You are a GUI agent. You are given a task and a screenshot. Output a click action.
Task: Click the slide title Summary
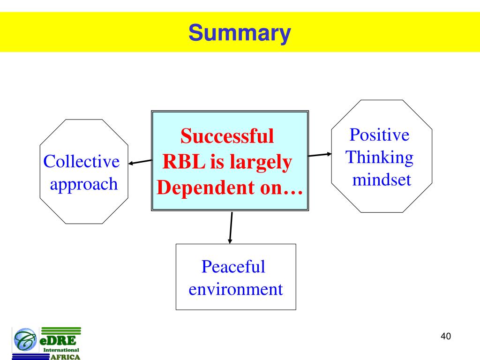click(x=240, y=33)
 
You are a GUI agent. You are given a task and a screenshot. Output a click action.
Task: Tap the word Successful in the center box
click(x=227, y=136)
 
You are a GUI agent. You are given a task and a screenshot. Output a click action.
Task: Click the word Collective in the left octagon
click(x=82, y=162)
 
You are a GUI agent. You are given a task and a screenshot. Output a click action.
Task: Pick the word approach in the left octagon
click(x=84, y=184)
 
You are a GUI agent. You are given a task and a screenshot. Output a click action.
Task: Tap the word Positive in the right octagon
click(x=379, y=135)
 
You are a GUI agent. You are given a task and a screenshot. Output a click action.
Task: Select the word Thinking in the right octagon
click(x=380, y=157)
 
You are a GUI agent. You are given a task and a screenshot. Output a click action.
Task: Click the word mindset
click(x=382, y=179)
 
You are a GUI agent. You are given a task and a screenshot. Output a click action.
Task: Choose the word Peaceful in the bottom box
click(x=233, y=267)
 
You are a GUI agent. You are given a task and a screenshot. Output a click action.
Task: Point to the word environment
click(x=236, y=289)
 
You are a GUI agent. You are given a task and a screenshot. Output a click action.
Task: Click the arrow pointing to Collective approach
click(x=140, y=162)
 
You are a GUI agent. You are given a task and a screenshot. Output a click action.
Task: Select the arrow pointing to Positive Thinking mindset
click(x=320, y=154)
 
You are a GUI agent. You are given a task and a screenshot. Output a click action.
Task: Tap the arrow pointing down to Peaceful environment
click(x=231, y=228)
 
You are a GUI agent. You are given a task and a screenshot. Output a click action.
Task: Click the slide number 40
click(x=446, y=337)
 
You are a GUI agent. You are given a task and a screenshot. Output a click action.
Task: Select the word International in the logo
click(x=61, y=350)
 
